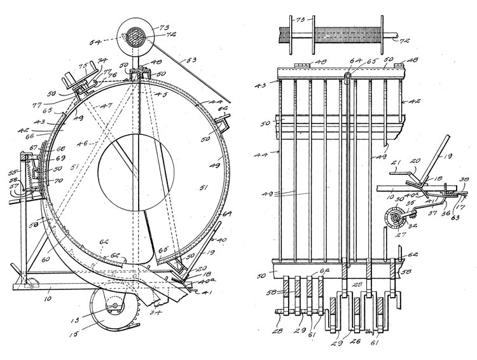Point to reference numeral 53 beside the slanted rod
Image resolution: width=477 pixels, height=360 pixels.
(191, 61)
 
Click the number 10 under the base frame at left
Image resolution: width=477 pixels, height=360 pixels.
(47, 296)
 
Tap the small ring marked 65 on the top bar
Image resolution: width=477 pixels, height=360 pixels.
(348, 78)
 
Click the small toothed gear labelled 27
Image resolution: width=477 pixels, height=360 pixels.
(392, 220)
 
